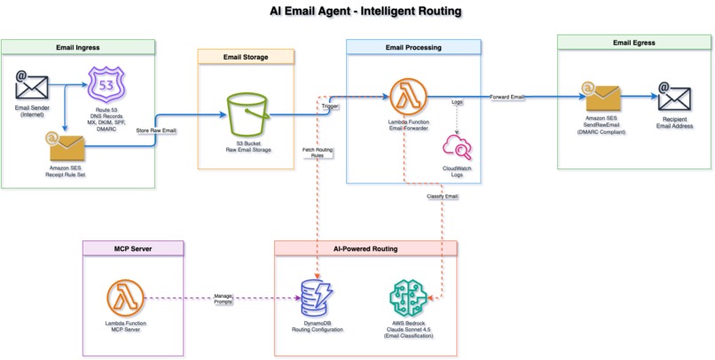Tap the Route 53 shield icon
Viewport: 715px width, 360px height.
point(106,89)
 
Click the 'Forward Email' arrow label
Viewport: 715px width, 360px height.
point(505,96)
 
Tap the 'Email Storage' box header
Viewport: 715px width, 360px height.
point(245,57)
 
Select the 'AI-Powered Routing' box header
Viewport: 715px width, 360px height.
point(365,249)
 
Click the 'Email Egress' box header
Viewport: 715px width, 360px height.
point(636,43)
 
